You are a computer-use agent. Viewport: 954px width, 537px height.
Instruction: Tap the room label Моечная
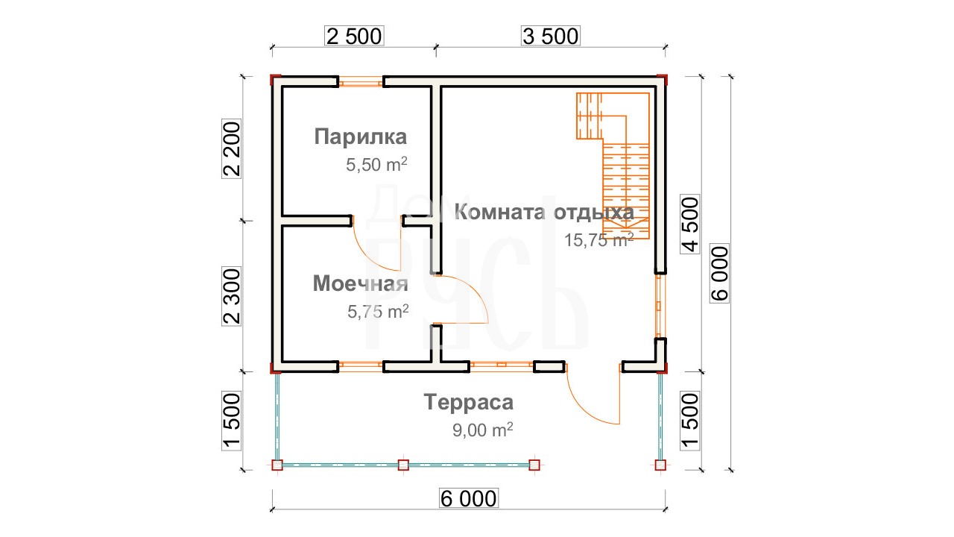[x=360, y=283]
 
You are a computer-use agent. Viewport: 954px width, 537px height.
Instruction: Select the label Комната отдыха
[x=544, y=212]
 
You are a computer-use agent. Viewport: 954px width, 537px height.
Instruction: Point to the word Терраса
[x=469, y=402]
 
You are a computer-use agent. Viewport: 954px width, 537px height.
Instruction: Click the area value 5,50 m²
[x=376, y=164]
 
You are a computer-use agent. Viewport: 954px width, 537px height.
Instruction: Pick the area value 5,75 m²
[x=378, y=311]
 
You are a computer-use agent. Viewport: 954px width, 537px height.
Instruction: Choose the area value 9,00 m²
[x=482, y=430]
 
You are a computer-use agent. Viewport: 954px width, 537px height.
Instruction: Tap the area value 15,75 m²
[x=598, y=240]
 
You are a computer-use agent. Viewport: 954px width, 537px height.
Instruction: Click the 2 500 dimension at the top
[x=354, y=36]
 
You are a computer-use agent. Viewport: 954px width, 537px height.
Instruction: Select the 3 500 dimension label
[x=550, y=36]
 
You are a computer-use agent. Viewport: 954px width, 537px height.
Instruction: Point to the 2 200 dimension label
[x=231, y=148]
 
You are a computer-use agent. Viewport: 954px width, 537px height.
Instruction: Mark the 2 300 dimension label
[x=231, y=296]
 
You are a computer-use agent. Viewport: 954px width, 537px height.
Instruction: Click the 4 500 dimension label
[x=690, y=224]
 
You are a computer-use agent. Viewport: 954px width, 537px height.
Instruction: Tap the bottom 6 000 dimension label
[x=469, y=498]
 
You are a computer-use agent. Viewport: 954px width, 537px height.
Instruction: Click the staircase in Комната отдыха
[x=613, y=166]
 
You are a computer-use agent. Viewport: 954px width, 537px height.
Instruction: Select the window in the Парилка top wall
[x=360, y=81]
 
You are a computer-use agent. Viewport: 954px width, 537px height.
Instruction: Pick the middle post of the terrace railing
[x=403, y=465]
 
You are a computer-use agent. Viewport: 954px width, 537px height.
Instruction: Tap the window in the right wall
[x=660, y=306]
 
